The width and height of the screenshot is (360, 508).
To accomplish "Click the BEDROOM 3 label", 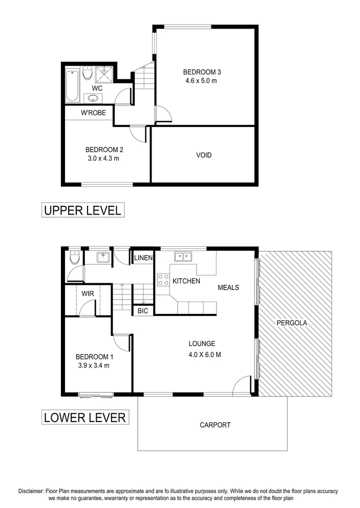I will point(201,72).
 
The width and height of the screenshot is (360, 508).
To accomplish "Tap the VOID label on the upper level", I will point(203,155).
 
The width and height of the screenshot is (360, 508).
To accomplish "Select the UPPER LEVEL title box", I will point(82,210).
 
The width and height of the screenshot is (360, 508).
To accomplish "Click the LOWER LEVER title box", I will point(84,417).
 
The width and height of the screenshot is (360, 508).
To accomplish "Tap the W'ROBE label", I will point(94,113).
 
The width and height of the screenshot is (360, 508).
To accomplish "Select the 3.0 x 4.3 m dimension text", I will point(104,159).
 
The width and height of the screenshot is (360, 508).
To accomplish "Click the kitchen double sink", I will point(182,256).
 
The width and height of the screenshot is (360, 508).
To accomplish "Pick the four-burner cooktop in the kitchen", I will point(163,280).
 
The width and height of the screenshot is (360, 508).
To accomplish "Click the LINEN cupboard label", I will point(143,258).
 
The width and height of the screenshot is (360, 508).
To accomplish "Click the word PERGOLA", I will point(292,323).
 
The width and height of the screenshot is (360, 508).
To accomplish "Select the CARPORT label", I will point(215,425).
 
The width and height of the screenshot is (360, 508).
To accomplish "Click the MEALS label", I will point(228,288).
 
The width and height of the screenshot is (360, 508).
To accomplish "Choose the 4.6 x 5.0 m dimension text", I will point(201,81).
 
